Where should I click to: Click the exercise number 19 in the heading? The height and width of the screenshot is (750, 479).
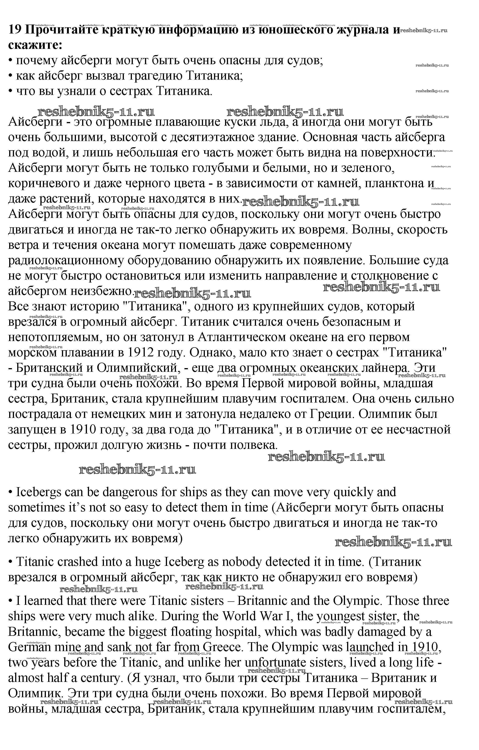(x=15, y=30)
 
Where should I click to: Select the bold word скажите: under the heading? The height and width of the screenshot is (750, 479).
(x=35, y=45)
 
